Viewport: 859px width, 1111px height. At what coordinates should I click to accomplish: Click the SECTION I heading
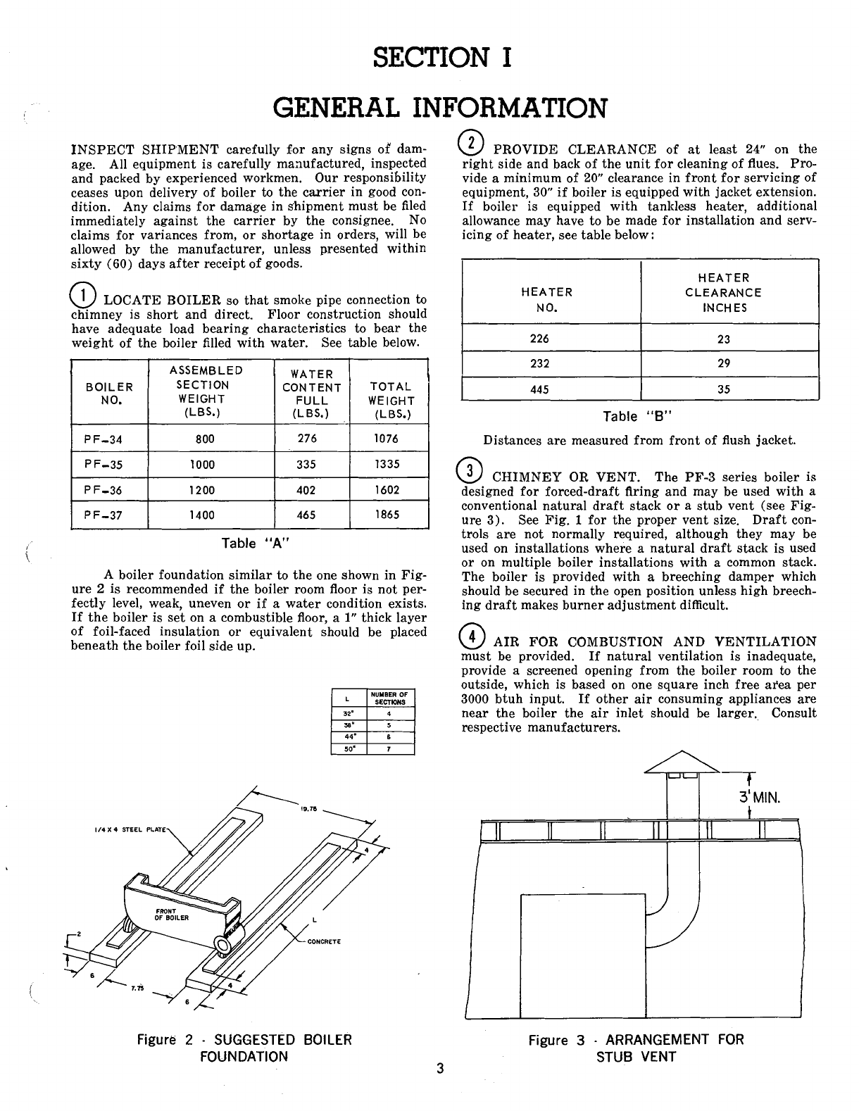441,57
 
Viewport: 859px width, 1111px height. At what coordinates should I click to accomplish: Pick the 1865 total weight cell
387,515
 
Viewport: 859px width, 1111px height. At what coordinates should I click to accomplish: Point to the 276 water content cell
307,439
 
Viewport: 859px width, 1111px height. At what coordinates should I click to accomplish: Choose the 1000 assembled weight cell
203,465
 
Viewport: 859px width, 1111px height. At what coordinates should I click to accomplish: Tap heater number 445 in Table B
539,389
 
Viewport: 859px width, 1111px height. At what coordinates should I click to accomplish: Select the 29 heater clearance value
724,364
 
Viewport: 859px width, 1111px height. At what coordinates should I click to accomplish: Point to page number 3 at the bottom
439,1069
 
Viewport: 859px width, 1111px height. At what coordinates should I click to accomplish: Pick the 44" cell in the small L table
348,737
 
